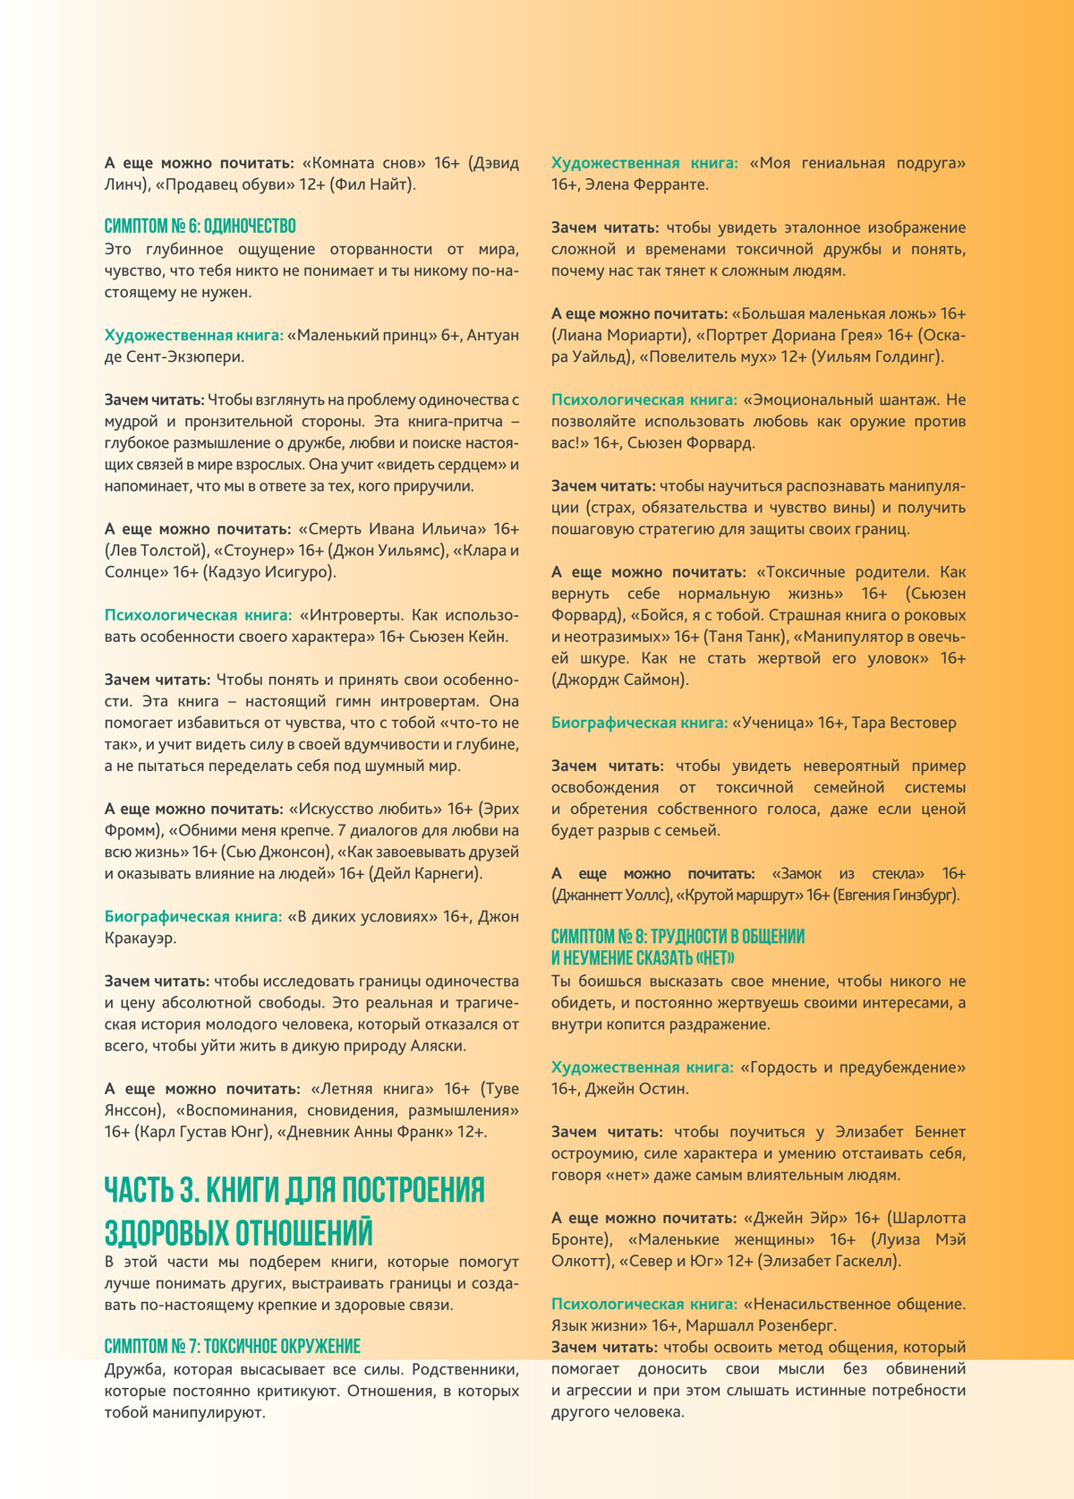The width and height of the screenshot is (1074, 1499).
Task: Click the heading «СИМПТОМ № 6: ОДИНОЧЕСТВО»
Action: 200,226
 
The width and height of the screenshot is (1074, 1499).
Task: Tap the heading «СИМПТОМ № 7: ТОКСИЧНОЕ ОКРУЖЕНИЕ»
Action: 232,1346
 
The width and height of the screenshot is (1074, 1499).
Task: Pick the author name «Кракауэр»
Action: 140,938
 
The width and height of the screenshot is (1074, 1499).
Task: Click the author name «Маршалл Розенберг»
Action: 764,1325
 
